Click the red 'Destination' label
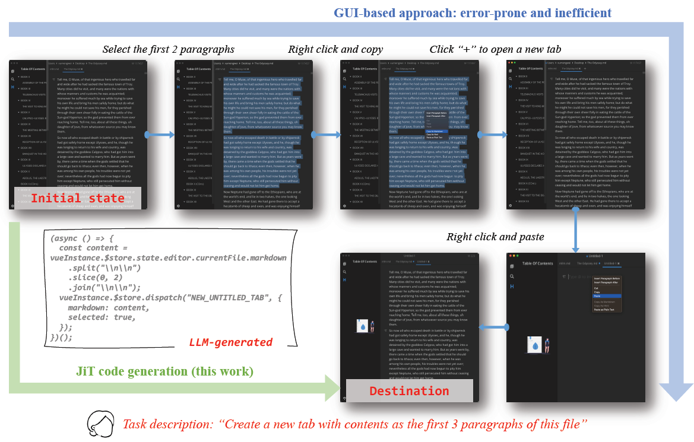pos(409,391)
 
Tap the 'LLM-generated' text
pos(231,342)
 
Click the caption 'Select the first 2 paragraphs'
pos(169,49)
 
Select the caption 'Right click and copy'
pos(335,49)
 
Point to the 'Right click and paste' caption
pos(495,237)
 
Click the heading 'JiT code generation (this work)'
pos(164,371)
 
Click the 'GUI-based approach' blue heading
pos(472,12)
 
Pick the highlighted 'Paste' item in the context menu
pos(606,295)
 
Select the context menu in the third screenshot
pos(437,119)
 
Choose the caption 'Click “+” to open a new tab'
pos(495,49)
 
